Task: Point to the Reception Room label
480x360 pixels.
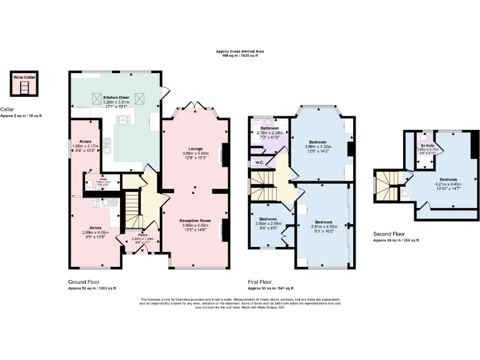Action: click(195, 221)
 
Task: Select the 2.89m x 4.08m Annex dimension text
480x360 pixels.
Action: click(96, 232)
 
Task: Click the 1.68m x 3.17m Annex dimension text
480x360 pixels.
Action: click(86, 146)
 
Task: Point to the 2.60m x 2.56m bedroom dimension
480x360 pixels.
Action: click(268, 223)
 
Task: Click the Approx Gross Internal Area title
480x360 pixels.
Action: click(239, 52)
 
